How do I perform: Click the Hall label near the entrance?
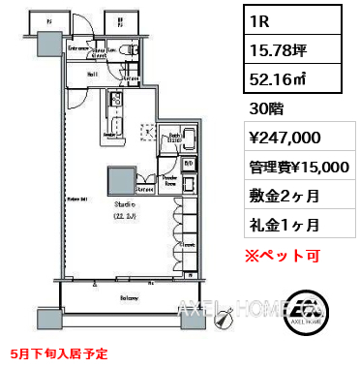pyautogui.click(x=91, y=72)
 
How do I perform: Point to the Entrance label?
pyautogui.click(x=78, y=46)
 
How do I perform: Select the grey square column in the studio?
pyautogui.click(x=120, y=182)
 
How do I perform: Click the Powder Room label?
pyautogui.click(x=168, y=180)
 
